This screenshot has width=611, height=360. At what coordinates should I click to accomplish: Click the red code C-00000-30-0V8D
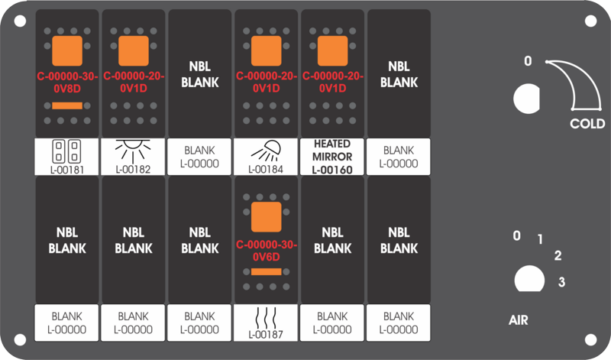67,83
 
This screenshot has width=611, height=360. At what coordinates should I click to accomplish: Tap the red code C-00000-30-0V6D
266,251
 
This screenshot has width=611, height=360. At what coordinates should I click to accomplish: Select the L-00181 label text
67,170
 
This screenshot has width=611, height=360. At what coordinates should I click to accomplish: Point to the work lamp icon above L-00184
266,151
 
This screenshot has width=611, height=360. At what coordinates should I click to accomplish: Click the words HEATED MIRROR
332,150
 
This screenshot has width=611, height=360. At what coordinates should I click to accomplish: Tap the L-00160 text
332,170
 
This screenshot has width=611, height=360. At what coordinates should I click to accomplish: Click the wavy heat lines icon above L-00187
266,318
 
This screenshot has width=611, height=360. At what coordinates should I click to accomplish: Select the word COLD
587,124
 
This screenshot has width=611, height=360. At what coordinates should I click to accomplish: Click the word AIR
519,320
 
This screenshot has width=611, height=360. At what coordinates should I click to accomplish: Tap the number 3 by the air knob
561,281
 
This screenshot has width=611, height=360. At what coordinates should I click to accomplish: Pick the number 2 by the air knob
558,255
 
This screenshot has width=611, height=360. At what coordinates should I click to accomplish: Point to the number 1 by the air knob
540,239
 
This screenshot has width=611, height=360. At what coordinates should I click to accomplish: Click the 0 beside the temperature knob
528,61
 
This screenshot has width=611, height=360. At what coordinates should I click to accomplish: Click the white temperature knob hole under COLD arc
526,99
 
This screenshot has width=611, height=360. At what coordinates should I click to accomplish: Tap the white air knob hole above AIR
529,279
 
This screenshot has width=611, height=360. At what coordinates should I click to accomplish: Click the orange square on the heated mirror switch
332,51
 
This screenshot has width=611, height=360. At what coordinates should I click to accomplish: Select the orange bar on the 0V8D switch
67,105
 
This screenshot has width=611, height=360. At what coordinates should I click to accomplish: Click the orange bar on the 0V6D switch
266,272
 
